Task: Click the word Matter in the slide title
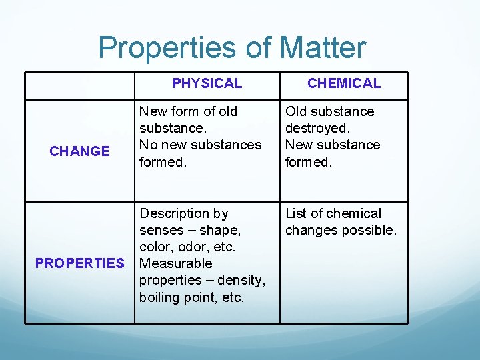pyautogui.click(x=323, y=48)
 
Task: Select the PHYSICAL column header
pyautogui.click(x=207, y=83)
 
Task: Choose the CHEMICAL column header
pyautogui.click(x=344, y=83)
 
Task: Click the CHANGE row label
pyautogui.click(x=79, y=151)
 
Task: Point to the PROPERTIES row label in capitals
pyautogui.click(x=79, y=263)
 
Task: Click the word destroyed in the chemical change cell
pyautogui.click(x=317, y=128)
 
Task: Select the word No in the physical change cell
pyautogui.click(x=148, y=145)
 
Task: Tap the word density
pyautogui.click(x=241, y=280)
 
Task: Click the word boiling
pyautogui.click(x=159, y=297)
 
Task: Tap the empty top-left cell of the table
pyautogui.click(x=79, y=86)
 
